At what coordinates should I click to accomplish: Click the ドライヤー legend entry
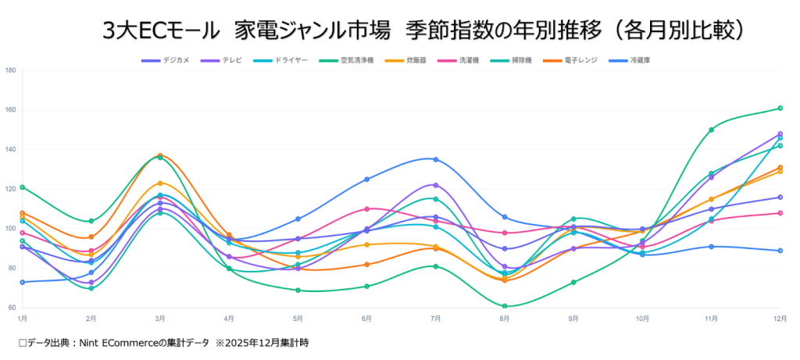coord(283,60)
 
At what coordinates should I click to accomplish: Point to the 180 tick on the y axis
coord(10,70)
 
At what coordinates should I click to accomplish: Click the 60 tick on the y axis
coord(10,308)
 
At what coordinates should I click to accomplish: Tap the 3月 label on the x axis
coord(160,319)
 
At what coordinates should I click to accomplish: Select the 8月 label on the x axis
coord(505,319)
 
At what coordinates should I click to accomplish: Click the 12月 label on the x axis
coord(778,319)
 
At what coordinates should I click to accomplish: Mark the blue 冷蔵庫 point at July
coord(436,159)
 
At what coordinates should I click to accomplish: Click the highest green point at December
coord(780,108)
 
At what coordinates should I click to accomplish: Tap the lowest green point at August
coord(505,306)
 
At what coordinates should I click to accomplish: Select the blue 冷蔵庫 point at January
coord(23,282)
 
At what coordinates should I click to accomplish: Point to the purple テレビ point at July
coord(436,185)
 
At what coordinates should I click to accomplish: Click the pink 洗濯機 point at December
coord(780,212)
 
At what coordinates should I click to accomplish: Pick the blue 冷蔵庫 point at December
coord(780,251)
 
